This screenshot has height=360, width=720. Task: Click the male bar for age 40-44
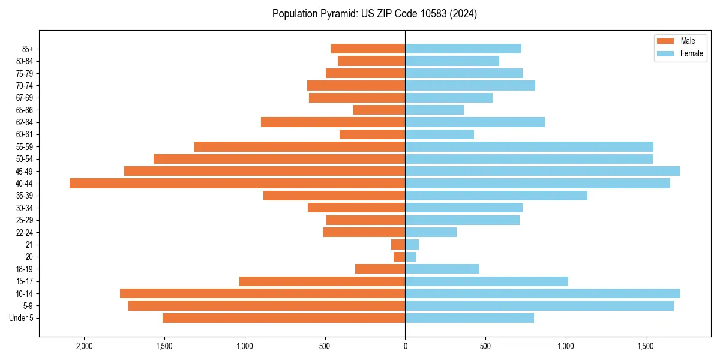coord(237,184)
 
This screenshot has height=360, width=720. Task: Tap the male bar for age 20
coord(400,257)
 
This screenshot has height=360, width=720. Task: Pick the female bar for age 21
coord(412,245)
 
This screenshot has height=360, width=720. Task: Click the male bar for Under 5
coord(284,318)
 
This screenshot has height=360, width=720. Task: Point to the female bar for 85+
coord(463,49)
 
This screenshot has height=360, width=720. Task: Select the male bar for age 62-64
coord(333,122)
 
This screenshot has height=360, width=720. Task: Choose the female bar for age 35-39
coord(496,196)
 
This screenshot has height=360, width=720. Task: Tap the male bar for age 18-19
coord(380,269)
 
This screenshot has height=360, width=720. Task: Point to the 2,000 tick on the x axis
coord(84,346)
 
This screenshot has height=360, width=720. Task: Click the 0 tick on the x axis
coord(405,346)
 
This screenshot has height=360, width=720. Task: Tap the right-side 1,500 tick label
coord(646,346)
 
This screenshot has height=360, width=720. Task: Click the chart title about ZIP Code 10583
coord(374,14)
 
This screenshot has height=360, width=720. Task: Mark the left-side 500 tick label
coord(325,346)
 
